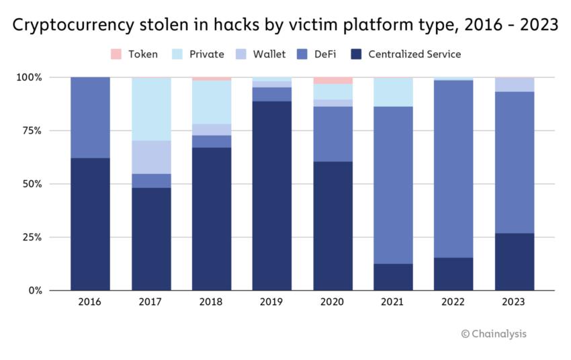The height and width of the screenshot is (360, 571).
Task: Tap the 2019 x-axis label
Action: click(272, 302)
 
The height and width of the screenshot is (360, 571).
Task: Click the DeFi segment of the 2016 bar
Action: click(90, 118)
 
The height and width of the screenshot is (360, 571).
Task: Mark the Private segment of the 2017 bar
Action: click(150, 109)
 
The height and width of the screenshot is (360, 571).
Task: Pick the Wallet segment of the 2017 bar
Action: click(150, 157)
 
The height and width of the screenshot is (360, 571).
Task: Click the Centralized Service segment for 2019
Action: click(272, 195)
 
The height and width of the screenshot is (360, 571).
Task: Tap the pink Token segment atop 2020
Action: click(333, 81)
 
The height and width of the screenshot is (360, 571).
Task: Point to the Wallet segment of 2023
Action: click(515, 85)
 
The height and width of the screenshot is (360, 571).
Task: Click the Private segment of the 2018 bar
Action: click(212, 102)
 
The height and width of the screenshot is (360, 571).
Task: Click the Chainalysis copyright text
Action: click(494, 334)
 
